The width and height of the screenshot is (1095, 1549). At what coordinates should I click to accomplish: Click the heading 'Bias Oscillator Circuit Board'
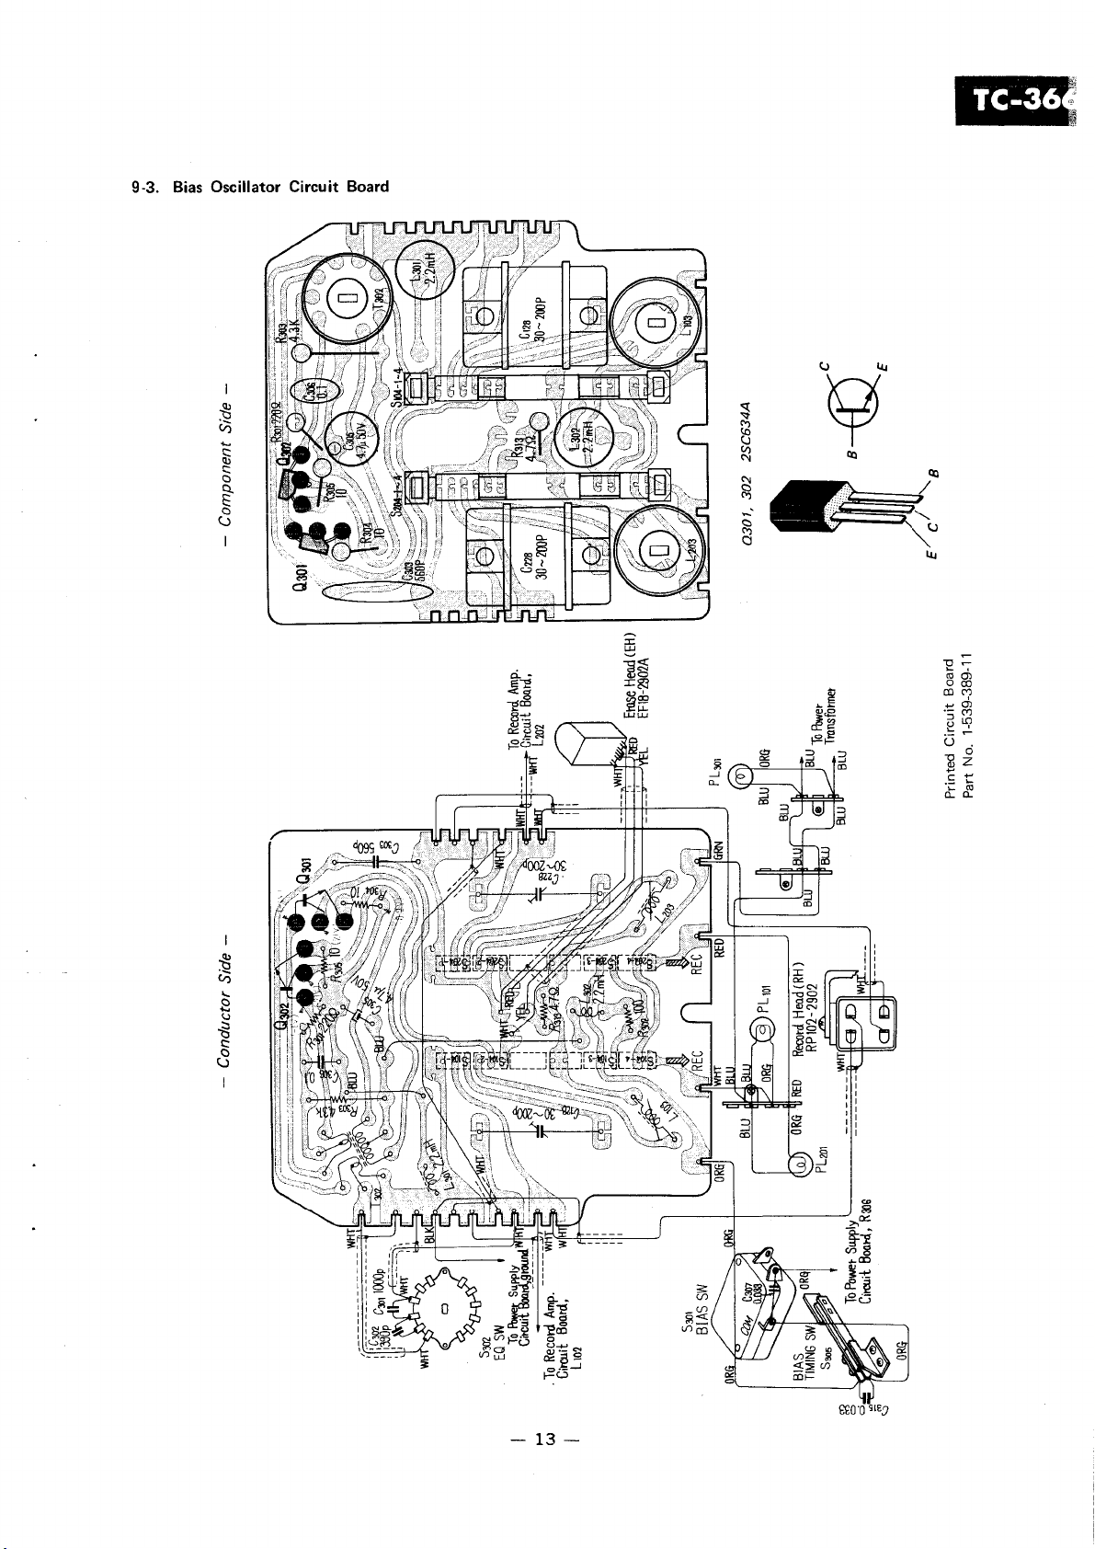click(x=260, y=187)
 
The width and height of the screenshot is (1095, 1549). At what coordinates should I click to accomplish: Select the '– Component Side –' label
click(x=222, y=466)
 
